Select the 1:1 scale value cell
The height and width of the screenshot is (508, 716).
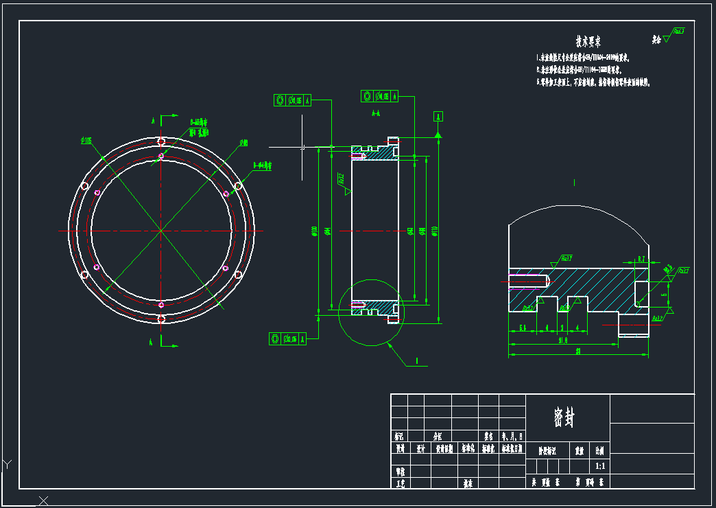pyautogui.click(x=600, y=466)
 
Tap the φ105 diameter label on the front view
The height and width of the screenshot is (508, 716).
pyautogui.click(x=86, y=141)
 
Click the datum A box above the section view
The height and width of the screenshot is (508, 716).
pyautogui.click(x=438, y=116)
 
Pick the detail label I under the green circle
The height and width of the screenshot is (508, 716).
pyautogui.click(x=416, y=360)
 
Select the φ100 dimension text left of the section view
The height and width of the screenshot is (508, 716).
pyautogui.click(x=314, y=231)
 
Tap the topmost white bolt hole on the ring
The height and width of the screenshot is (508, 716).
pyautogui.click(x=161, y=141)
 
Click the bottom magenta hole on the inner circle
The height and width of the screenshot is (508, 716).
pyautogui.click(x=161, y=304)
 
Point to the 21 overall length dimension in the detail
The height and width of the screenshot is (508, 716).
pyautogui.click(x=578, y=351)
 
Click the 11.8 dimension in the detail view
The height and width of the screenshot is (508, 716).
pyautogui.click(x=562, y=340)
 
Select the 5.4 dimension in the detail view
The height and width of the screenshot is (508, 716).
pyautogui.click(x=523, y=328)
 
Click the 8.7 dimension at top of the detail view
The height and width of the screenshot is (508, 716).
pyautogui.click(x=641, y=259)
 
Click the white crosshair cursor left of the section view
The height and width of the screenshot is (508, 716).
pyautogui.click(x=302, y=147)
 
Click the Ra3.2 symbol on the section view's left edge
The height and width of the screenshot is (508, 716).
pyautogui.click(x=341, y=181)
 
